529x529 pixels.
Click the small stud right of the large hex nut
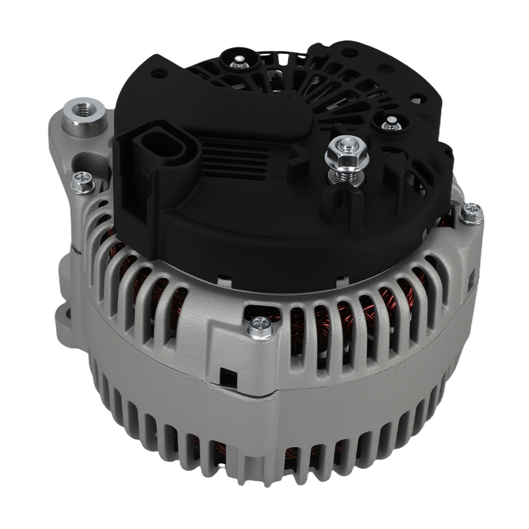tap(391, 124)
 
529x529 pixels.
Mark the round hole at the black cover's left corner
tap(159, 74)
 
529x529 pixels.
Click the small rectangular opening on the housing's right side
tap(471, 278)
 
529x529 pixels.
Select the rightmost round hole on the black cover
tap(417, 98)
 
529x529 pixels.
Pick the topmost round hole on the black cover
tap(349, 53)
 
